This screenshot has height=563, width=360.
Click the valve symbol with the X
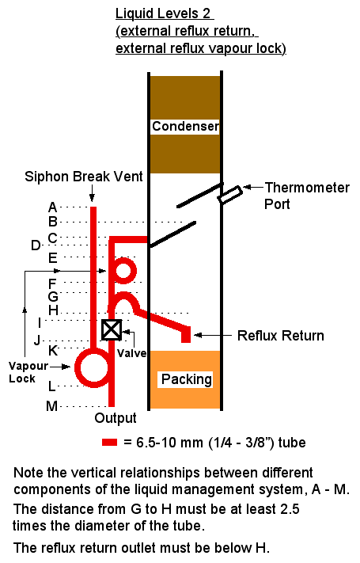coord(112,329)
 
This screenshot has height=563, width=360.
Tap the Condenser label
coord(185,127)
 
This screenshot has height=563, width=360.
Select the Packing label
coord(186,379)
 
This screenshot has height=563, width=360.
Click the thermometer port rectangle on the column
coord(230,195)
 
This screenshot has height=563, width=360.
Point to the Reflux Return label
coord(281,336)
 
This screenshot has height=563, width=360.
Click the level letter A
coord(52,207)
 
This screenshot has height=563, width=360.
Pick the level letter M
coord(51,406)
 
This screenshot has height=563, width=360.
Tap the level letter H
coord(53,310)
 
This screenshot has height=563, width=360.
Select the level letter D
coord(36,245)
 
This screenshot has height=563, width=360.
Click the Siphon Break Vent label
coord(84,177)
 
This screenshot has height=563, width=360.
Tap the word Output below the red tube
coord(116,418)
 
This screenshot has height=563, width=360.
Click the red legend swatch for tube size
coord(109,442)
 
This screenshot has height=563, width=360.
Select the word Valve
coord(131,353)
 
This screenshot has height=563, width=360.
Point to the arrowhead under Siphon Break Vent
coord(93,198)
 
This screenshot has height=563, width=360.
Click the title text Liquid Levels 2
coord(165,13)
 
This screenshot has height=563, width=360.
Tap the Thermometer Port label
coord(307,196)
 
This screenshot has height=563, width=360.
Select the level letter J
coord(37,340)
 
